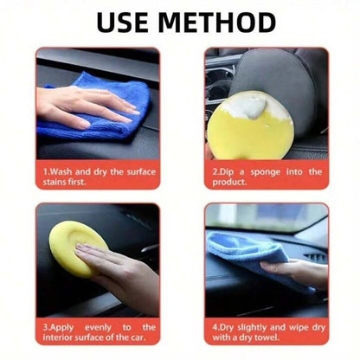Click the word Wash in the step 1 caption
[x=65, y=171]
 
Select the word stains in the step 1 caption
[x=57, y=183]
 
